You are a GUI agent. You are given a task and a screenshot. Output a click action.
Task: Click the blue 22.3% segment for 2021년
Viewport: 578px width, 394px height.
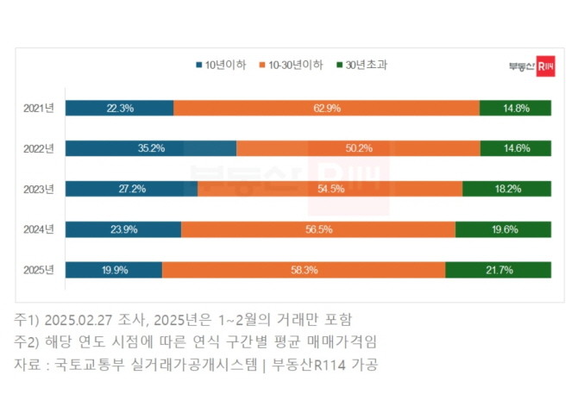pos(119,108)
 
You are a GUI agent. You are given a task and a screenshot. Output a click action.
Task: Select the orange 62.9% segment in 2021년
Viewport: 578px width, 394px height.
pos(326,108)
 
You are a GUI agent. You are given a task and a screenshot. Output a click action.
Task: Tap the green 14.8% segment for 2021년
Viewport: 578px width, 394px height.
pos(516,108)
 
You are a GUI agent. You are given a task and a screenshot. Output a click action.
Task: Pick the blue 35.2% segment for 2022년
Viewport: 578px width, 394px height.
pos(151,148)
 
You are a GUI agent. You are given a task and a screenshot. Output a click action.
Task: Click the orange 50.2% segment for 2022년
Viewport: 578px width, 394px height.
pos(358,148)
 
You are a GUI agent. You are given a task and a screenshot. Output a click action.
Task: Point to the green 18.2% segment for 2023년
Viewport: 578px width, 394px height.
pos(507,189)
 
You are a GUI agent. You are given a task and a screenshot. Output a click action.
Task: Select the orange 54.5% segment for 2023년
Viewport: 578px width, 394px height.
pos(330,189)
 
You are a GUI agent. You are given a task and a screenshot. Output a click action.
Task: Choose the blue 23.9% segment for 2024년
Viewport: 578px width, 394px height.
pos(123,229)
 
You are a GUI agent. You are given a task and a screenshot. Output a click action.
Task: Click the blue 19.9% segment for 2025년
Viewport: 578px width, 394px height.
pos(114,270)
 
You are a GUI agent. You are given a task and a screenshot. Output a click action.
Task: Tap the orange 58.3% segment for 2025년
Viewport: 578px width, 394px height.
pos(304,270)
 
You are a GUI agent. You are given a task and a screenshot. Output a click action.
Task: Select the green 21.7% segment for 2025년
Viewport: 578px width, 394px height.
pos(499,270)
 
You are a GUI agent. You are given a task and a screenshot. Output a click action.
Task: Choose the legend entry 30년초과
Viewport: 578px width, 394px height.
pos(361,65)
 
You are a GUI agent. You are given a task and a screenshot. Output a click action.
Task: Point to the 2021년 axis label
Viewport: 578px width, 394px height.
pos(39,108)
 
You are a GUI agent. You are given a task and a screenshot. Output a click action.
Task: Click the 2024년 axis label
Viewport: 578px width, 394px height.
pos(39,229)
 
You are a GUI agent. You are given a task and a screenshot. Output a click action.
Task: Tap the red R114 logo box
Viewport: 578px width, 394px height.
pos(544,66)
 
